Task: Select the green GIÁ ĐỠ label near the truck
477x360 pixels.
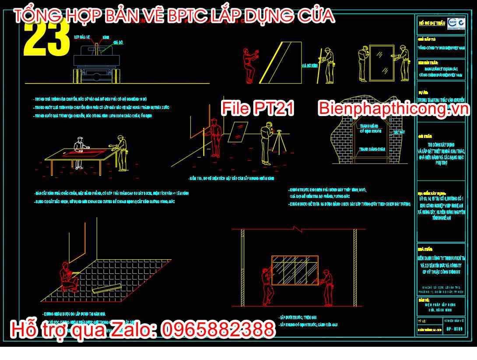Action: (x=118, y=42)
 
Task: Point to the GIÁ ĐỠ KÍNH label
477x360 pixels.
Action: (x=309, y=65)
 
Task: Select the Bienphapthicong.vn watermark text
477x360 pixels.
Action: (x=393, y=108)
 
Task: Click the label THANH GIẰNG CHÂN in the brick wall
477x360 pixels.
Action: (x=372, y=149)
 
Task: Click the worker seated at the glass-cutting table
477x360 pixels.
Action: (x=79, y=151)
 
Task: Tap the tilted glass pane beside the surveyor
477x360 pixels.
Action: (x=239, y=130)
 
